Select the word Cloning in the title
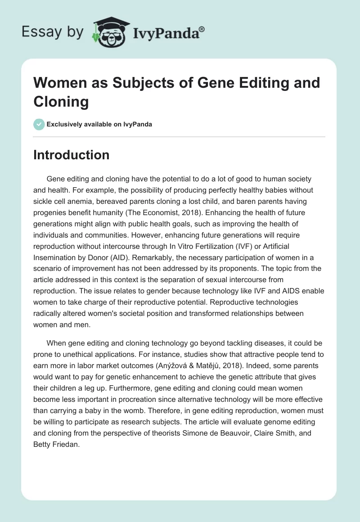(61, 101)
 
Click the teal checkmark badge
(39, 124)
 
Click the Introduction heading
(72, 155)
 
